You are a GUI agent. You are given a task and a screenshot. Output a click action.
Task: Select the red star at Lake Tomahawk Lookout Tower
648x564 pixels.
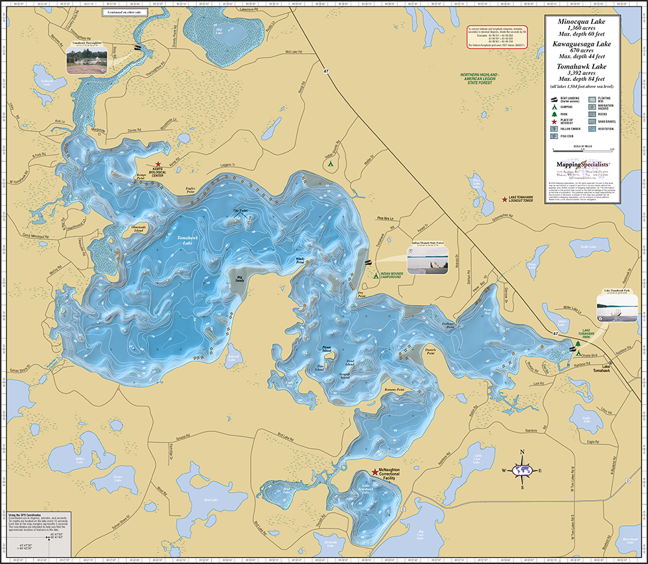pos(505,202)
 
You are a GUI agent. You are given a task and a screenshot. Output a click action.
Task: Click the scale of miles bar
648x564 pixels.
pos(579,151)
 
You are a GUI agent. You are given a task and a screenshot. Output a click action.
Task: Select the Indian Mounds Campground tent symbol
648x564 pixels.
pos(376,275)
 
